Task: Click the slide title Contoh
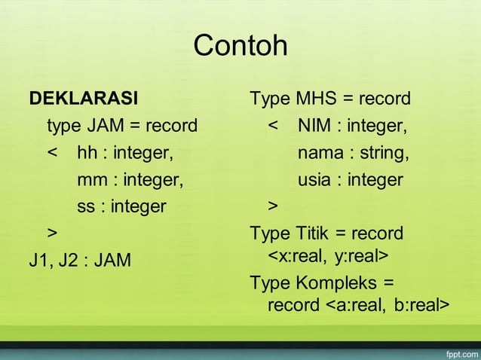click(240, 46)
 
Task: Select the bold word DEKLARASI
click(83, 99)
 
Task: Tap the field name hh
click(87, 153)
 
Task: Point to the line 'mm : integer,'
click(130, 180)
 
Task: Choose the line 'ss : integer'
click(121, 206)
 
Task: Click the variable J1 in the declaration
click(38, 261)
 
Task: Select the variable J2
click(66, 261)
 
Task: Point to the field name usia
click(316, 180)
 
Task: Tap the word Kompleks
click(338, 284)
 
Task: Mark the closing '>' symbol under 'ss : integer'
click(52, 230)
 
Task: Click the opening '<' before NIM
click(274, 126)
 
